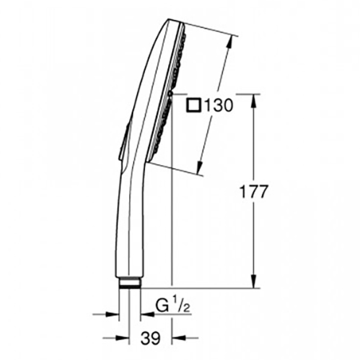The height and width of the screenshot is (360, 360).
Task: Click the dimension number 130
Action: point(218,106)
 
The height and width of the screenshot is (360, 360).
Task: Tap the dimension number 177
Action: point(253,191)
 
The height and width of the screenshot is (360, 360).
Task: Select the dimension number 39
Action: point(151,338)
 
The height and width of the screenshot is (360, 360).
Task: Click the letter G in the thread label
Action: point(163,306)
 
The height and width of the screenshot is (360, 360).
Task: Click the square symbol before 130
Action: point(194,106)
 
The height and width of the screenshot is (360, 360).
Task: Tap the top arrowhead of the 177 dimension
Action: point(254,101)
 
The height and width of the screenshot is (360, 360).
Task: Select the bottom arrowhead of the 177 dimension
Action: point(254,281)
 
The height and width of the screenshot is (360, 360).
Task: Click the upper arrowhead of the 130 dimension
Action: point(229,42)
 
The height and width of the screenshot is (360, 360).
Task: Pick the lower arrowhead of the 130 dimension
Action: point(199,168)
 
